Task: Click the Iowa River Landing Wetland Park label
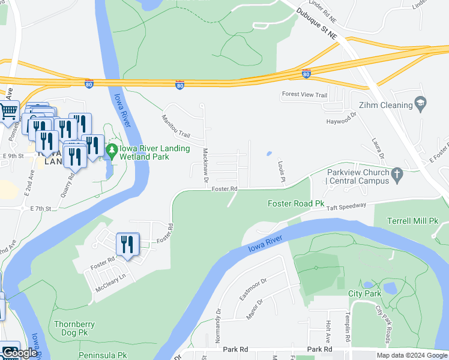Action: [x=155, y=152]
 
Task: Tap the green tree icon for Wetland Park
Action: [x=111, y=149]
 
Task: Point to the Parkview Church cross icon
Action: [x=396, y=175]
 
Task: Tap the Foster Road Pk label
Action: [x=299, y=204]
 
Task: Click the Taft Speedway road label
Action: [x=346, y=206]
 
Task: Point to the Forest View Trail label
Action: [x=304, y=95]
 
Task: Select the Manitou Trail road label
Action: [x=175, y=127]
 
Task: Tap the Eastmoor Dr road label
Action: [x=252, y=289]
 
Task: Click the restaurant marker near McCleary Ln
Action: [x=127, y=245]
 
